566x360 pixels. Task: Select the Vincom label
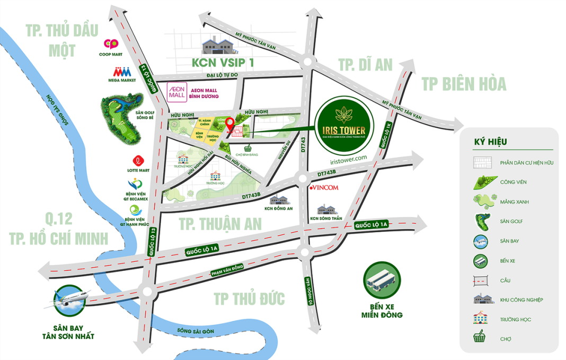pos(323,188)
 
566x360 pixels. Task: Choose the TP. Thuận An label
pos(220,224)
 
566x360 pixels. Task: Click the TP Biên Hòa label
pos(464,84)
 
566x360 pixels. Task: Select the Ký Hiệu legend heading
pos(490,142)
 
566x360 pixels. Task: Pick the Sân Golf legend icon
pos(481,221)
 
